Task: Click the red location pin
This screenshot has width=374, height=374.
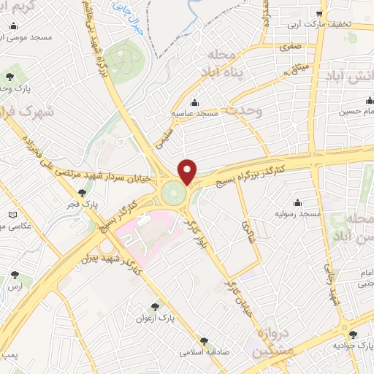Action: [x=188, y=171]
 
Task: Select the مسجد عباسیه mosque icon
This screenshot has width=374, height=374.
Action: [x=194, y=102]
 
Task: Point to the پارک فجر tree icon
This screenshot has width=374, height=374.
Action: [x=82, y=193]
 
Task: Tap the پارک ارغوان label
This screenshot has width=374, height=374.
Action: [x=154, y=318]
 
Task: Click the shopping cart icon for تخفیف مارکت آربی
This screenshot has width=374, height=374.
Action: [x=318, y=13]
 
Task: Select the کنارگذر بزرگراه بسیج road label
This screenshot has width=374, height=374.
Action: [x=252, y=175]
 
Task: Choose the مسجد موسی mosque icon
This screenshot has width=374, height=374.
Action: [x=13, y=26]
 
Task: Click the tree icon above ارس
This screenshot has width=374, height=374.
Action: [x=15, y=275]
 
